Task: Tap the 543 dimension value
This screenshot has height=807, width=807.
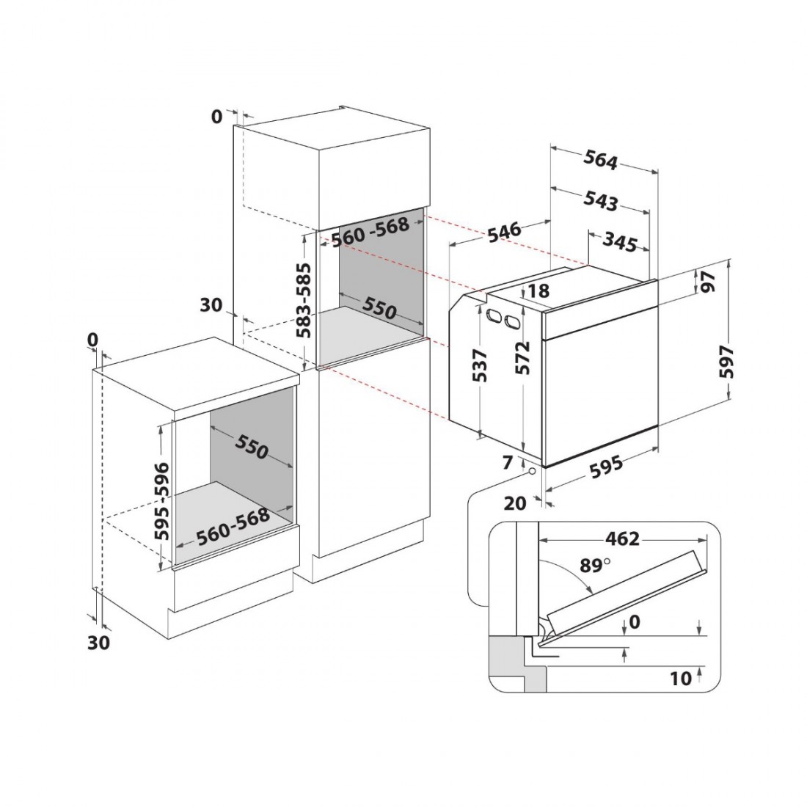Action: point(601,201)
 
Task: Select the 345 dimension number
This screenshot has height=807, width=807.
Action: point(620,242)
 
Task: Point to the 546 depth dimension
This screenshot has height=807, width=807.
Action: point(505,233)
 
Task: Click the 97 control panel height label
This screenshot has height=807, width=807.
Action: point(709,282)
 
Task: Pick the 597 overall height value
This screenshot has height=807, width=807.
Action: point(726,362)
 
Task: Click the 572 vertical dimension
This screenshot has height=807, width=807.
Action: point(523,358)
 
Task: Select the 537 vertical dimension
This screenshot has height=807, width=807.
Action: point(479,366)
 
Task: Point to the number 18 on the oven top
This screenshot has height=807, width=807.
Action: point(538,291)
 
